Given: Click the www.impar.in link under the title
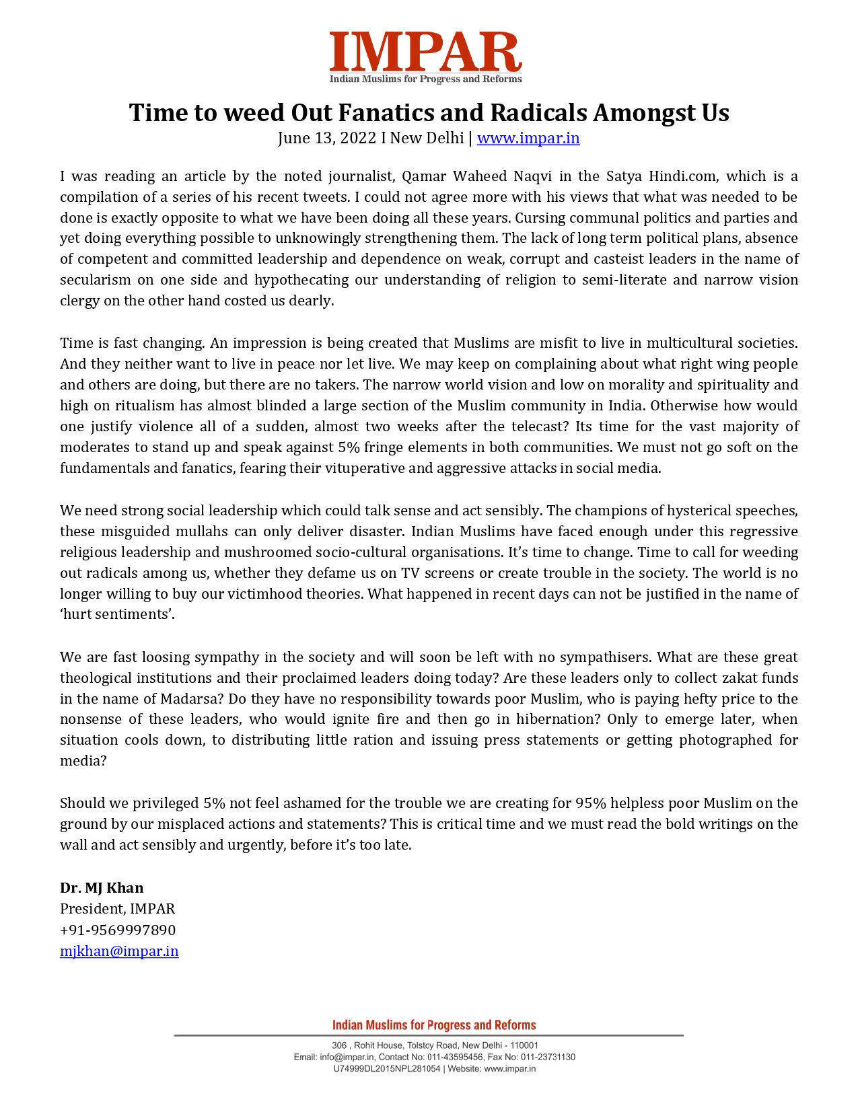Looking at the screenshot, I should pyautogui.click(x=528, y=138).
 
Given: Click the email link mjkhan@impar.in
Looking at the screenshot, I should pyautogui.click(x=119, y=951).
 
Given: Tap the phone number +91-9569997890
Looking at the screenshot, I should pyautogui.click(x=118, y=930).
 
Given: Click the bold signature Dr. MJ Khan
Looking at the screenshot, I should pyautogui.click(x=102, y=888).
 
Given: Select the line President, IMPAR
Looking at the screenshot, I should pyautogui.click(x=117, y=909).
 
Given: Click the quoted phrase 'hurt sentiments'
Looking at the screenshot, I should pyautogui.click(x=117, y=614).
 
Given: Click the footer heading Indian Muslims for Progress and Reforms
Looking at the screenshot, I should pyautogui.click(x=434, y=1025).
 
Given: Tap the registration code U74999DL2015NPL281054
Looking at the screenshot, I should pyautogui.click(x=386, y=1068).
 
